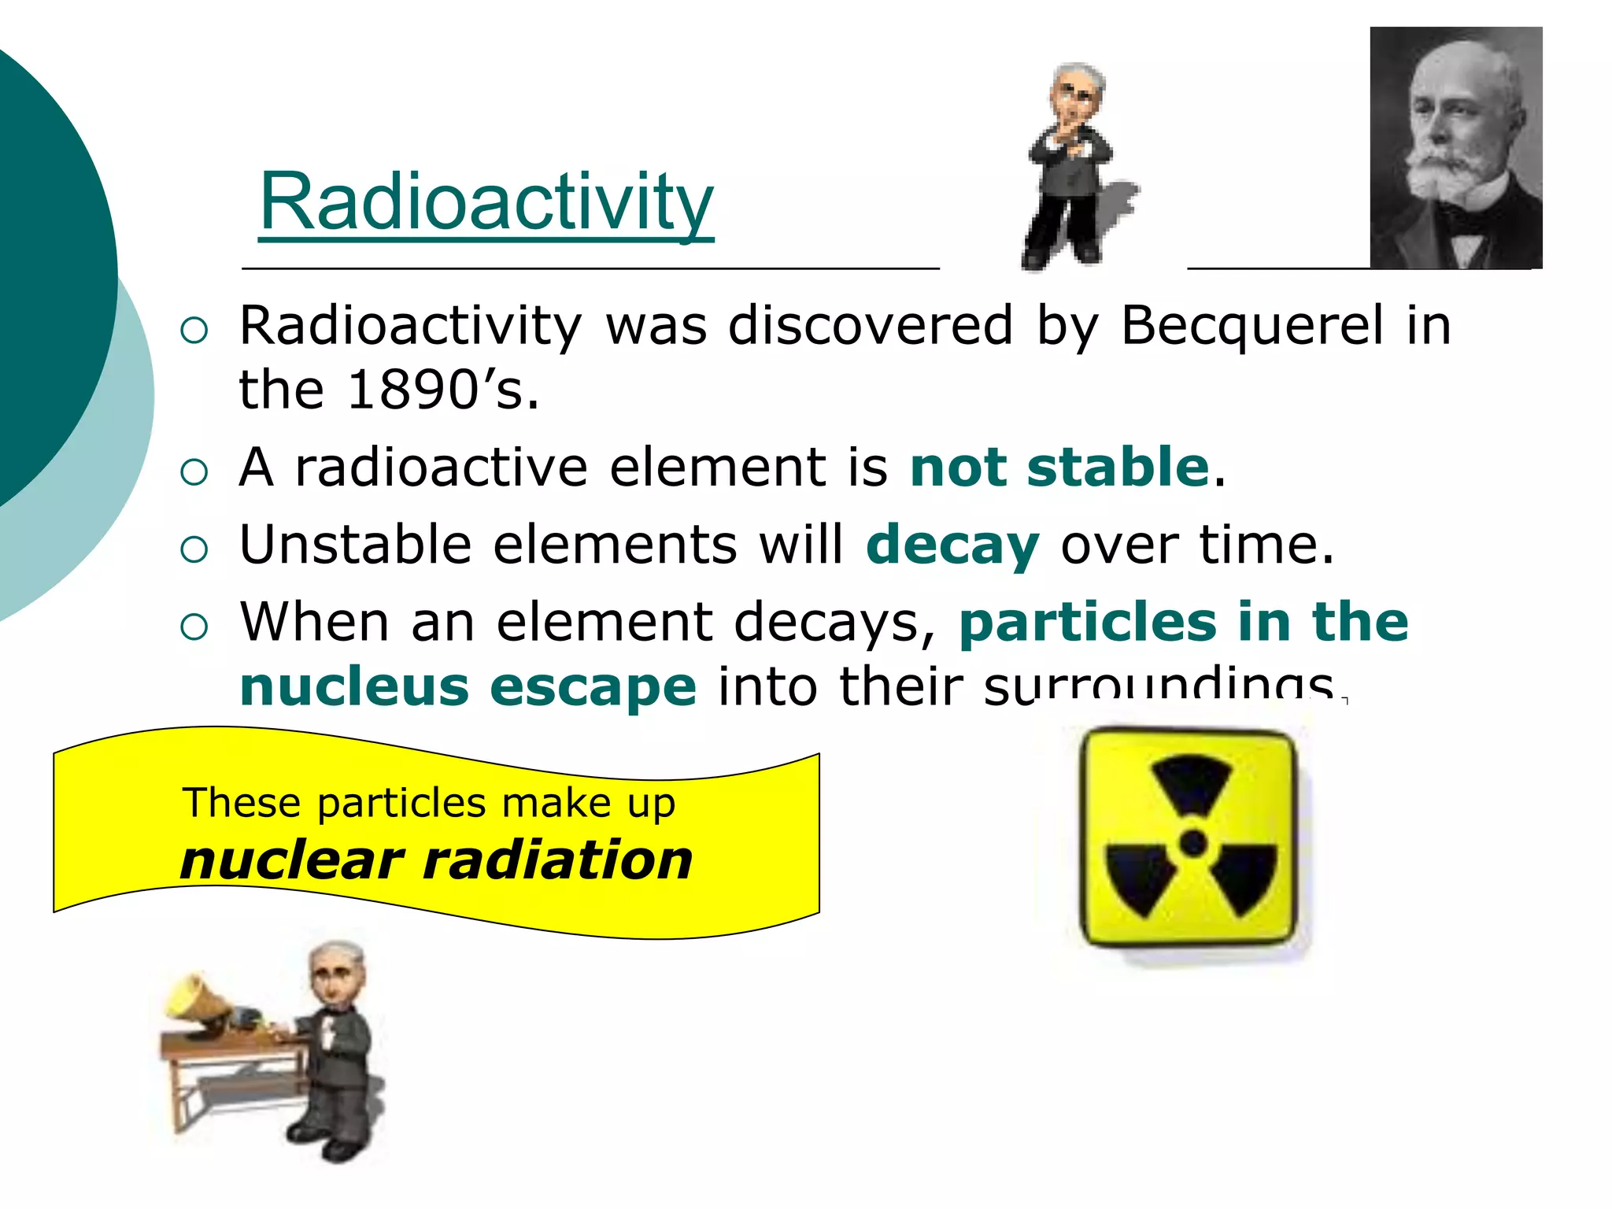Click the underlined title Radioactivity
coord(486,202)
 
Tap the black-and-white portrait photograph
coord(1455,148)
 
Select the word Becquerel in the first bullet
coord(1252,325)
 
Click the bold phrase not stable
coord(1059,467)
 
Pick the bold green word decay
coord(952,545)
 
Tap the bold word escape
coord(593,686)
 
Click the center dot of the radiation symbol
coord(1193,843)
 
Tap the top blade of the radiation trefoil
coord(1192,783)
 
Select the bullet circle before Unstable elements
coord(194,549)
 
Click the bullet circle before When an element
coord(194,627)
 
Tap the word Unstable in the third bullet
coord(355,545)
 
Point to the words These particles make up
coord(429,803)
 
